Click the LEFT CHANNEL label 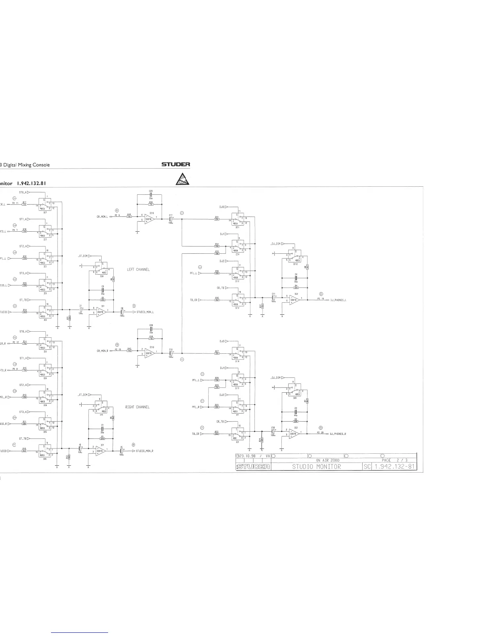(x=138, y=269)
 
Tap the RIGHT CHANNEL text (x=137, y=407)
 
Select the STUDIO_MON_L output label (x=145, y=312)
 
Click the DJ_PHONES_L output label (x=338, y=300)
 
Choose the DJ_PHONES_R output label (x=338, y=434)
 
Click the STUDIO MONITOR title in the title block (x=316, y=467)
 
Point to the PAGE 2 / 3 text (x=394, y=460)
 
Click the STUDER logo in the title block (x=253, y=467)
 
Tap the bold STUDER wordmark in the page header (x=176, y=164)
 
